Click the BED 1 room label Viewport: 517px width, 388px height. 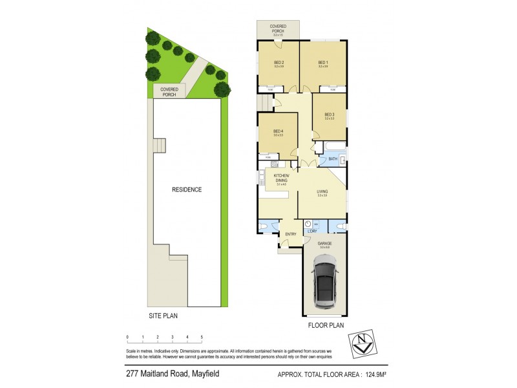[x=322, y=62]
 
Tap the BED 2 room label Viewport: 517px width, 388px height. [x=279, y=62]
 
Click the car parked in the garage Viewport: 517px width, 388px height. [x=323, y=282]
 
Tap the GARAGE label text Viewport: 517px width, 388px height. [x=324, y=243]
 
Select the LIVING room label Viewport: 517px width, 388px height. [x=322, y=191]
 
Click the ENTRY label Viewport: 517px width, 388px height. [x=291, y=234]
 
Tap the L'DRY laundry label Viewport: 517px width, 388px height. [x=312, y=231]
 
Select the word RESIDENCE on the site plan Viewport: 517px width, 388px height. [x=187, y=189]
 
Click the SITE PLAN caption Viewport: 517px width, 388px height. [x=159, y=316]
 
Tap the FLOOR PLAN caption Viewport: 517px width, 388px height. [x=327, y=325]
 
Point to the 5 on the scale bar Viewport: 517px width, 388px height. [x=202, y=337]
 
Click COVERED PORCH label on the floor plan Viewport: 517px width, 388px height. [x=279, y=29]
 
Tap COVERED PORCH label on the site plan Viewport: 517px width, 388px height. [x=169, y=92]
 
